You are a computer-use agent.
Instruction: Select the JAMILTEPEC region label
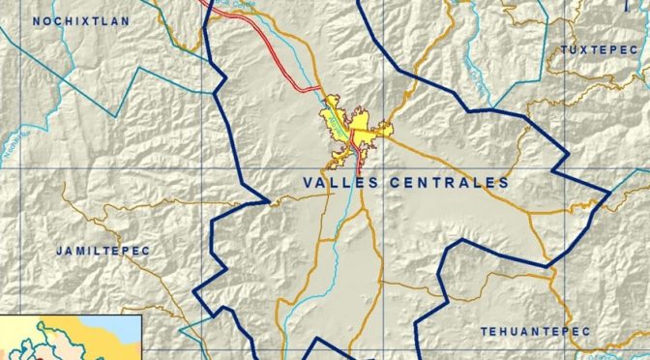pyautogui.click(x=103, y=251)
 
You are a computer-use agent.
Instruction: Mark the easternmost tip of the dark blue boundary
pyautogui.click(x=609, y=193)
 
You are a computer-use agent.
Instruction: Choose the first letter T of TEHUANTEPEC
pyautogui.click(x=485, y=331)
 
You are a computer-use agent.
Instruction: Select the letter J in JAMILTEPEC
pyautogui.click(x=59, y=251)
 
